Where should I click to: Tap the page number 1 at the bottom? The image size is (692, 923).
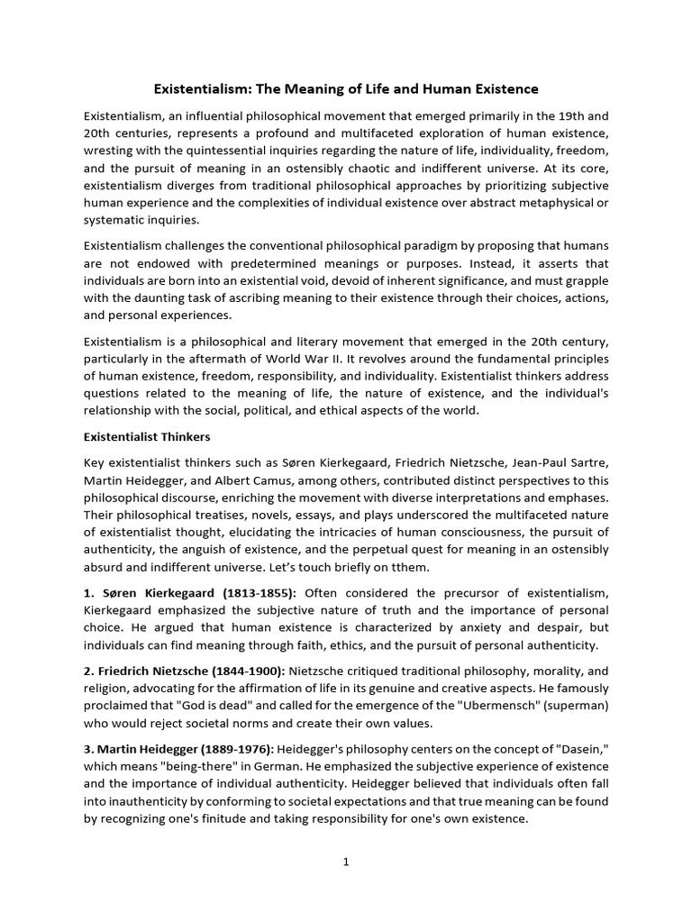pos(345,862)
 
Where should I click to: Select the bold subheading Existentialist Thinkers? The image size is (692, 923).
pos(147,437)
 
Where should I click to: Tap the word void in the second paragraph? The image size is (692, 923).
pos(332,281)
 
